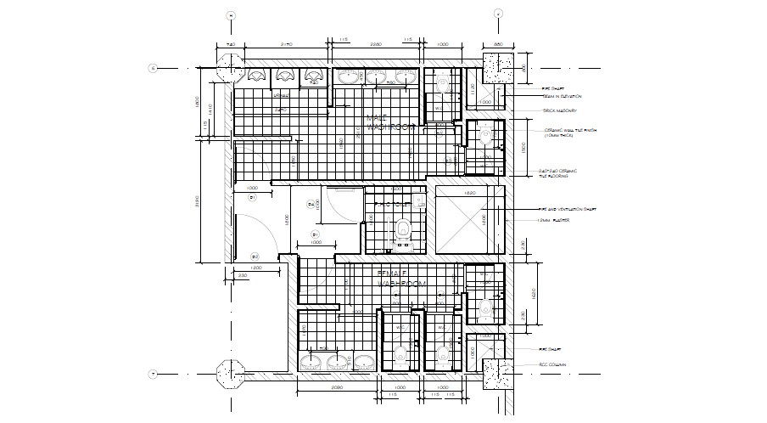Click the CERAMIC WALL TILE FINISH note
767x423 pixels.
[x=565, y=133]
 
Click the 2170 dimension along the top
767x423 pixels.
[x=287, y=43]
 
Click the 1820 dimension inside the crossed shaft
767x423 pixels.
[x=469, y=193]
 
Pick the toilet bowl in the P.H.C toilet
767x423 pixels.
[x=402, y=228]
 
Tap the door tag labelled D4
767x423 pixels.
[x=311, y=205]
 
